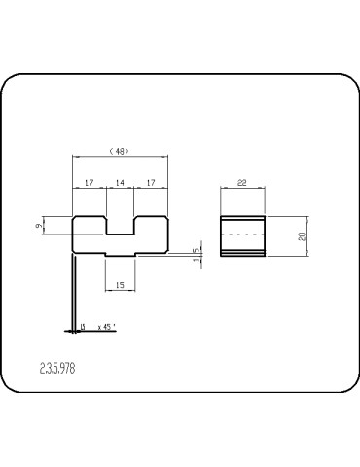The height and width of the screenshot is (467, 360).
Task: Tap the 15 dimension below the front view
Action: pos(120,285)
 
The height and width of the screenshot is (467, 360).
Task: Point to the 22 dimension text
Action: pos(241,182)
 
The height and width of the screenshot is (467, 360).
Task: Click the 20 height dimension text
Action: pos(303,235)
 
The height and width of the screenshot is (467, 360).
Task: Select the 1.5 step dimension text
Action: pos(197,255)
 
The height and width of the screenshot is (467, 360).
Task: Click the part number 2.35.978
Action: pos(59,371)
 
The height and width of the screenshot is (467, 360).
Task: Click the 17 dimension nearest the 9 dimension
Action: pos(89,182)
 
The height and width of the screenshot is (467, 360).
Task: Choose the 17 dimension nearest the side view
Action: pos(152,182)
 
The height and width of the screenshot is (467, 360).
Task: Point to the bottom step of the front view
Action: pos(120,256)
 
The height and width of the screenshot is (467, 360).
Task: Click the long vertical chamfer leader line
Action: pos(73,292)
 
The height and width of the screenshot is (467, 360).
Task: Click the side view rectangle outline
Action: pos(222,235)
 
